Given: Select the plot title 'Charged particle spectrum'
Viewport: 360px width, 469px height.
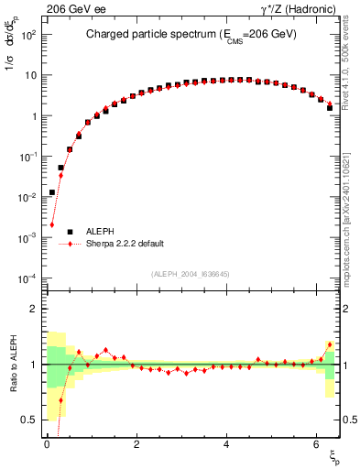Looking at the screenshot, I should (147, 36).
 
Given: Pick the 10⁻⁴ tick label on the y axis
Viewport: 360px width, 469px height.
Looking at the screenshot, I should (28, 278).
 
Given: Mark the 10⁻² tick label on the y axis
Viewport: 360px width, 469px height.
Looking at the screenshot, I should (28, 197).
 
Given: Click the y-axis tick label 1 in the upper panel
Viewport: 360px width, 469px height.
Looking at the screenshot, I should (34, 116).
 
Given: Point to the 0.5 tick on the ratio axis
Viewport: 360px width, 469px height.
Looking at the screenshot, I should (29, 420).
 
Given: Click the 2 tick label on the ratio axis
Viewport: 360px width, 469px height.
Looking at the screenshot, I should (34, 309).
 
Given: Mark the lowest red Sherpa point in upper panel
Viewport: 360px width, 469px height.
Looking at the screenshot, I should (52, 224).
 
